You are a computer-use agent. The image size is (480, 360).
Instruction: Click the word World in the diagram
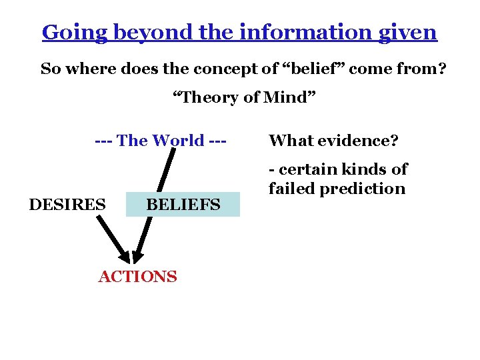coord(178,141)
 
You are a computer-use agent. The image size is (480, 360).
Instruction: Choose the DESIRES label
coord(67,204)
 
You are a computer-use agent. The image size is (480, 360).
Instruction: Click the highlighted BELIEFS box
coord(183,205)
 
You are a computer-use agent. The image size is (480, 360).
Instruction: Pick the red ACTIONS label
coord(137,277)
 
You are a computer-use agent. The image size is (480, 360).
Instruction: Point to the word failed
coord(292,189)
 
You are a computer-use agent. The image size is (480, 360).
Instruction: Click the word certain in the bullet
coord(309,169)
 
